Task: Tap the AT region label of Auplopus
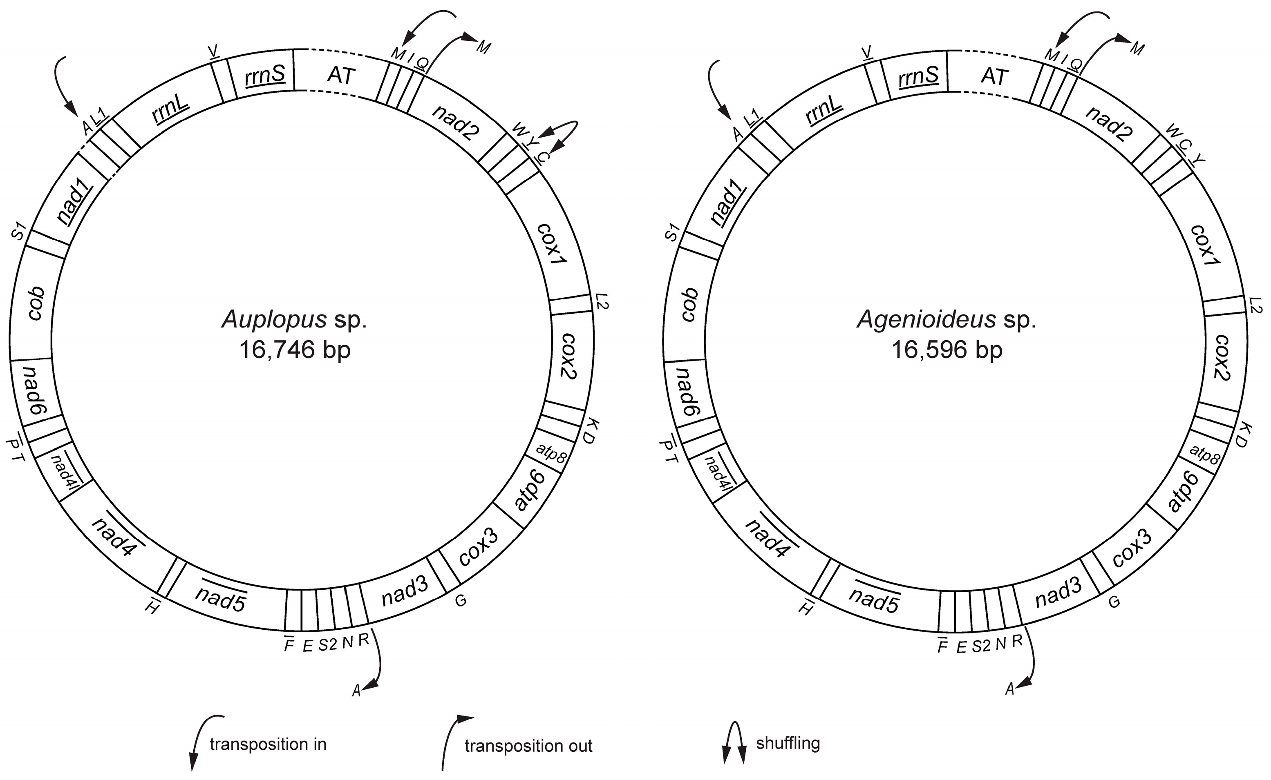pyautogui.click(x=341, y=76)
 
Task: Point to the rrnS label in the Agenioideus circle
pyautogui.click(x=918, y=75)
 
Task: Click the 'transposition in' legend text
pyautogui.click(x=268, y=744)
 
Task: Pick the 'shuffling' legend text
pyautogui.click(x=788, y=743)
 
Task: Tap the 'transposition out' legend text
pyautogui.click(x=528, y=746)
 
